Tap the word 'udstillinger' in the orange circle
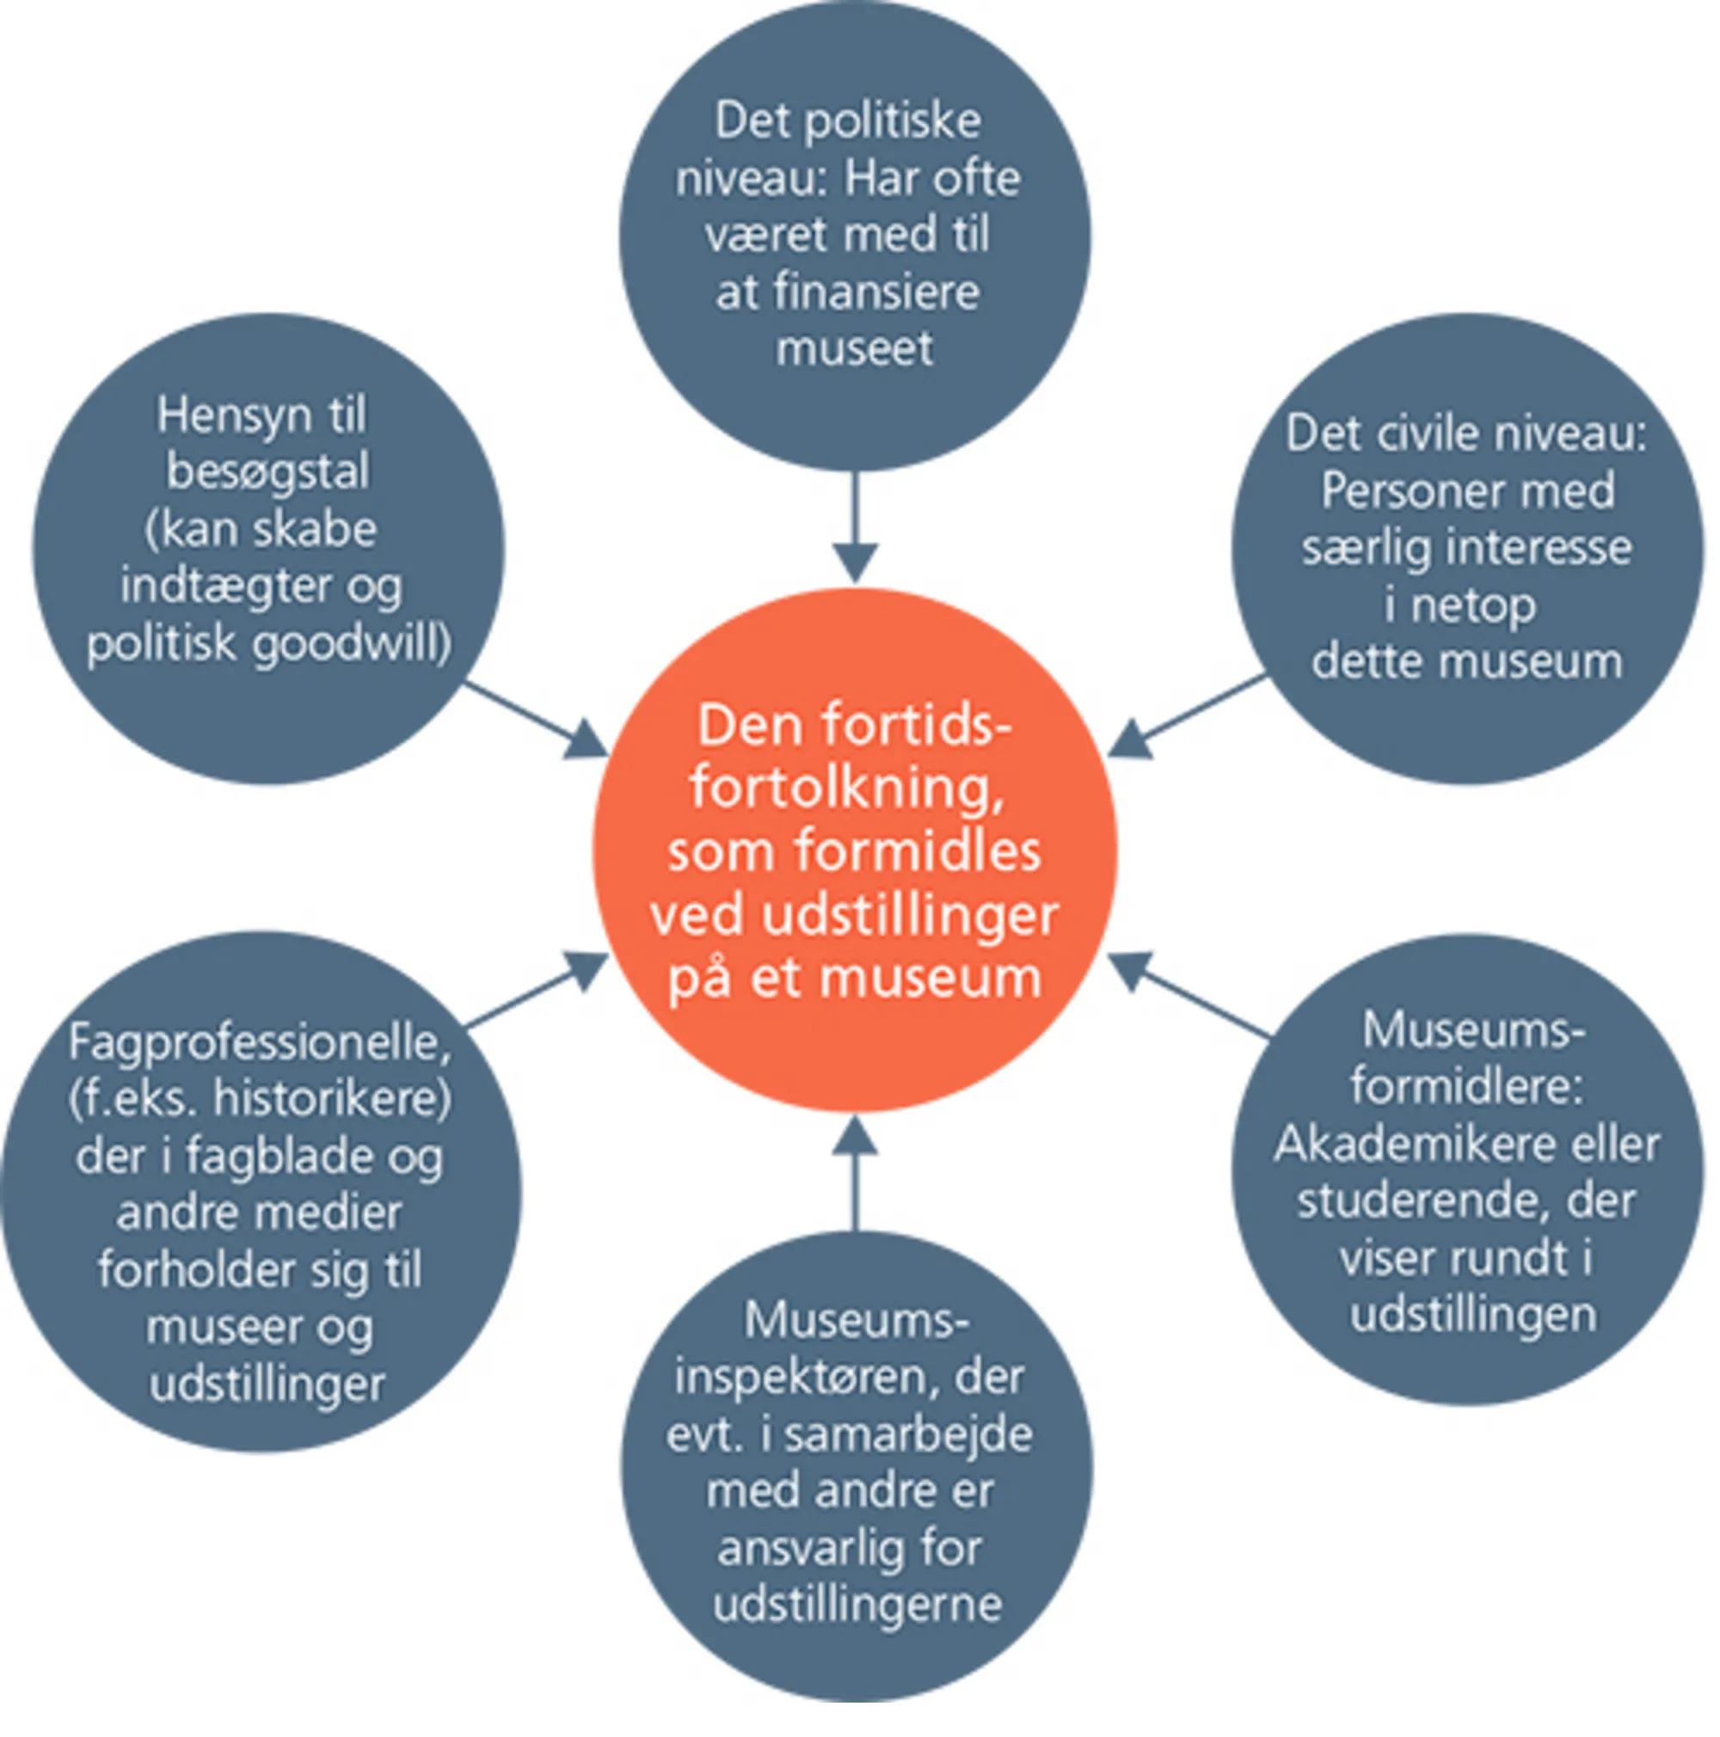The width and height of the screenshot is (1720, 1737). click(908, 916)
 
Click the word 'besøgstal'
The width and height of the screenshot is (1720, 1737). click(268, 473)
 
